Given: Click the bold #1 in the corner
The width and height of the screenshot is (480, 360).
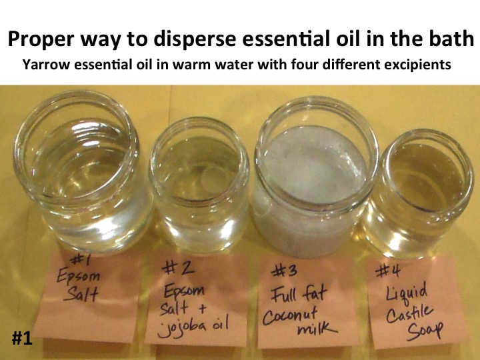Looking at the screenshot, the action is (22, 338).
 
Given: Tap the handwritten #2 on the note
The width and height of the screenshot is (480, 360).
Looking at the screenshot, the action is (178, 268).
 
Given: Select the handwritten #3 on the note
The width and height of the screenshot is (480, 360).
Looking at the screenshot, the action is (284, 271).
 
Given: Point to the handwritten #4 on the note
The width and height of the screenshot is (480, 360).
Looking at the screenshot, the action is (388, 271).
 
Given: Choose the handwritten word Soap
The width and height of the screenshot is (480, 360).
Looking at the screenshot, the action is (424, 331).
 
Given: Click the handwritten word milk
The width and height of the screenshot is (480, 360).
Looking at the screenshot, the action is (317, 329).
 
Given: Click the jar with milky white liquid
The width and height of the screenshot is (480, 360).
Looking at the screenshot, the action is (315, 176).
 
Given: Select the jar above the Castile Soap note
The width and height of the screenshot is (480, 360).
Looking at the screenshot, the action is (419, 193).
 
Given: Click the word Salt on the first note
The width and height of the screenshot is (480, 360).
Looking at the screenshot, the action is (82, 294).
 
